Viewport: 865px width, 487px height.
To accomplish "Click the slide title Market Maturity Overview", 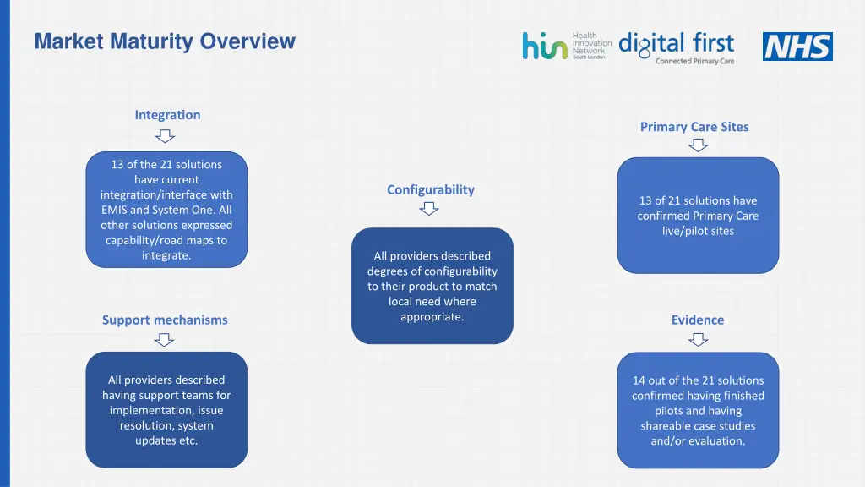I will tap(165, 41).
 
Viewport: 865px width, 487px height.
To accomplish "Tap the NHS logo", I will tap(797, 47).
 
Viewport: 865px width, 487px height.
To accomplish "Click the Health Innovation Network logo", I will tap(566, 46).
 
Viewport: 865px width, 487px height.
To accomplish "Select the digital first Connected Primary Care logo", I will tap(677, 47).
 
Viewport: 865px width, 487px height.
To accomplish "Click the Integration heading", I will tap(167, 115).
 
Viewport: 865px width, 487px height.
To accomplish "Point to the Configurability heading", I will tap(431, 189).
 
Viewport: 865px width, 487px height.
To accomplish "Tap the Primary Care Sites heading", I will tap(694, 127).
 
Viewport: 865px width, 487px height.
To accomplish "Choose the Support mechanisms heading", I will tap(165, 320).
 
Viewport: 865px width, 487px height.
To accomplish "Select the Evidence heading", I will tap(698, 320).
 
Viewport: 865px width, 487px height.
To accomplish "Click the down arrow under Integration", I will tap(166, 135).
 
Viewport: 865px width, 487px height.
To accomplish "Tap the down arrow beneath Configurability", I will tap(430, 208).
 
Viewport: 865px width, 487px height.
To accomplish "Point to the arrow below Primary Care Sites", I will tap(698, 145).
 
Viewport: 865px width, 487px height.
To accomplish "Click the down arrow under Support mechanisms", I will tap(166, 339).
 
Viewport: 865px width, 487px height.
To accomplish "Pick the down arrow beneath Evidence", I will tap(698, 339).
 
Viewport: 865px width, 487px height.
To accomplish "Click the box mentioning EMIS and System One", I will tap(166, 210).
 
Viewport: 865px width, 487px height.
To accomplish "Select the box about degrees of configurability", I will tap(432, 286).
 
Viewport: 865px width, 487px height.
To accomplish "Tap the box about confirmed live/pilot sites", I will tap(698, 216).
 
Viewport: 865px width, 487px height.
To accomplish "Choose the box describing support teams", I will tap(166, 410).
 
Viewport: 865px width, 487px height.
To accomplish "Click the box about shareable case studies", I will tap(698, 410).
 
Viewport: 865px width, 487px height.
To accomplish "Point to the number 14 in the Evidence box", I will tap(639, 380).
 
